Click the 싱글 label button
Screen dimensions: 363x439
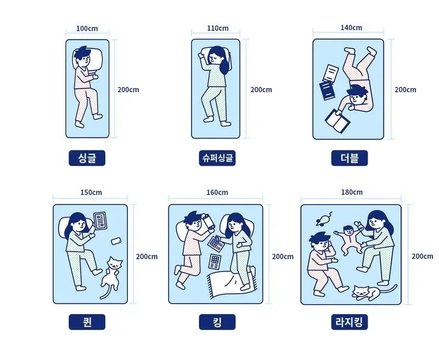click(87, 158)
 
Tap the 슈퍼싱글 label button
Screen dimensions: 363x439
click(217, 158)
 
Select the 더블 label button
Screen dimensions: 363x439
click(350, 158)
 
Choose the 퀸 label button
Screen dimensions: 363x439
click(87, 322)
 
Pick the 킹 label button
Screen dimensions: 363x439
click(217, 322)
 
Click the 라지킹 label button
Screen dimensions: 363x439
click(350, 322)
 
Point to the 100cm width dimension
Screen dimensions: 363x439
click(87, 28)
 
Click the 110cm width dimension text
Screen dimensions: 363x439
click(218, 28)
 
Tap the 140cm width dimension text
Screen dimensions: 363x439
click(351, 27)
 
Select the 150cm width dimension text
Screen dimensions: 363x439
click(91, 192)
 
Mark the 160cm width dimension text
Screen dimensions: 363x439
click(217, 192)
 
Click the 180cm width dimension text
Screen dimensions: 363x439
click(351, 192)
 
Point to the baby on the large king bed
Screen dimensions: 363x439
click(347, 237)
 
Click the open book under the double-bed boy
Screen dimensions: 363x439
click(337, 121)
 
